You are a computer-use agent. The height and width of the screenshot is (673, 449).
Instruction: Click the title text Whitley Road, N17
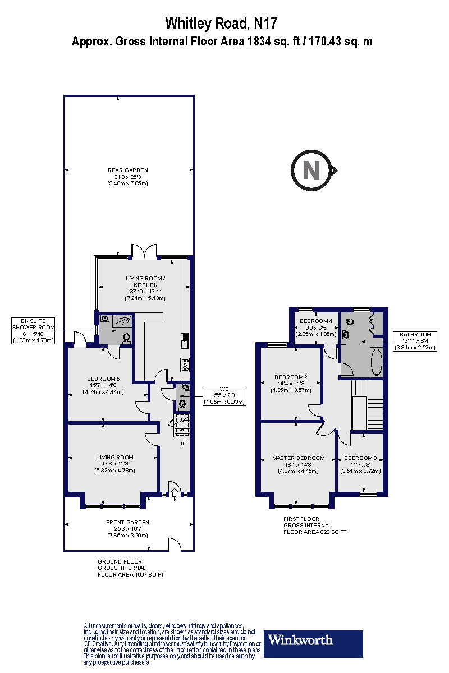coord(222,24)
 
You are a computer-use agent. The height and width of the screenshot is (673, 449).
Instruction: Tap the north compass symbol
coord(311,170)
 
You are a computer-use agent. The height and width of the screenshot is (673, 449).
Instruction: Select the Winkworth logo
coord(313,643)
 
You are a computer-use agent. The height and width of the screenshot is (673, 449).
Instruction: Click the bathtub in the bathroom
coord(376,362)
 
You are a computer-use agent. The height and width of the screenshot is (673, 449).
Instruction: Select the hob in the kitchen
coord(185,364)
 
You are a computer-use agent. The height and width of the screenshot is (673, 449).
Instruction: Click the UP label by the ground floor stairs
coord(181,443)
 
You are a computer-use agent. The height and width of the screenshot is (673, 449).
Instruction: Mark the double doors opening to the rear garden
coord(144,251)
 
